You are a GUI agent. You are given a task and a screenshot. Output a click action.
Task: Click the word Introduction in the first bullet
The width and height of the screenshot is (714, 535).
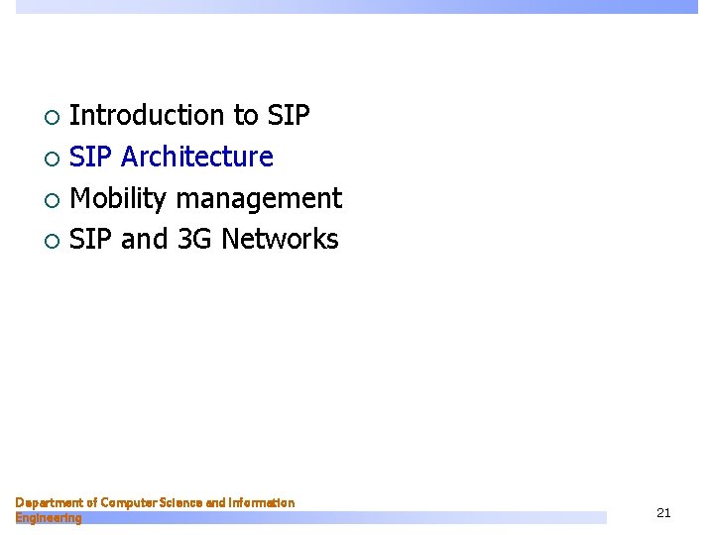pos(148,116)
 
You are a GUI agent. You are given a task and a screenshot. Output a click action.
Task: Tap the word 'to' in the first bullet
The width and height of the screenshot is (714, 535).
pos(246,116)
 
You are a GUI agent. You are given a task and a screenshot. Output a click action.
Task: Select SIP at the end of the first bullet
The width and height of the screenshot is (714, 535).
pos(289,116)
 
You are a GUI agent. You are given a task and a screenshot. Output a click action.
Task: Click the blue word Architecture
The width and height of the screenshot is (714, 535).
pos(196,158)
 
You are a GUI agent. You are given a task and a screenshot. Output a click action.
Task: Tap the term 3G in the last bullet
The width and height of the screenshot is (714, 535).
pos(193,240)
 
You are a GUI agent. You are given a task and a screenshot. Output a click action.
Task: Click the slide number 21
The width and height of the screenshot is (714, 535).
pos(663,512)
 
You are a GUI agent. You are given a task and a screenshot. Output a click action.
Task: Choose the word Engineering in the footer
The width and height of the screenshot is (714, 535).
pos(49,517)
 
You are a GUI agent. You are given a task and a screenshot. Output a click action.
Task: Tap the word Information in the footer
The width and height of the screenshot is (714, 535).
pos(261,503)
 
